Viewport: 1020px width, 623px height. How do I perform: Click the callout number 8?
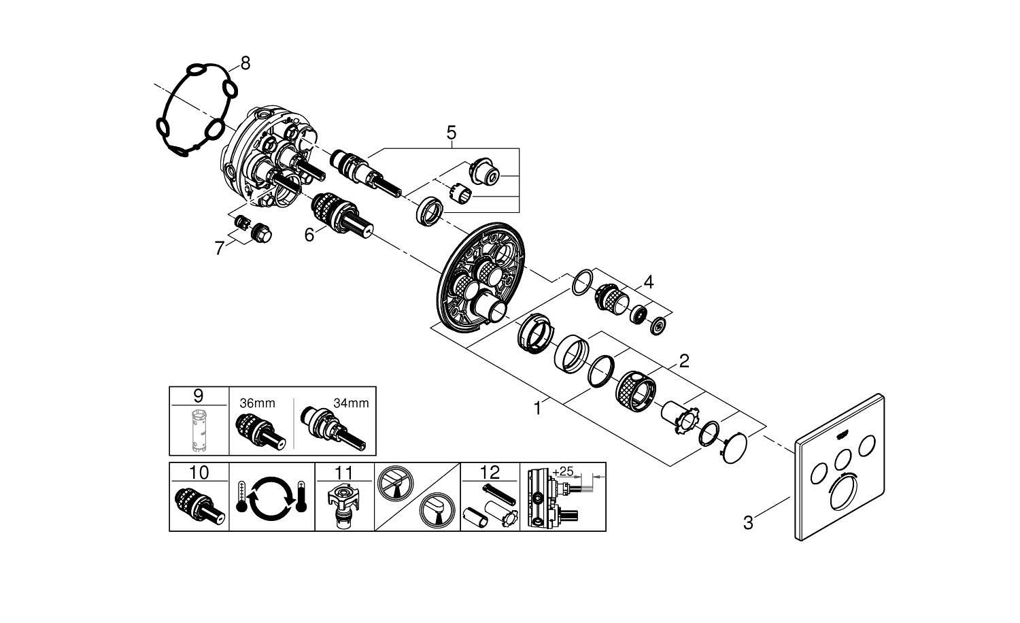coord(245,63)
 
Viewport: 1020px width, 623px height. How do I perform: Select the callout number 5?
coord(452,132)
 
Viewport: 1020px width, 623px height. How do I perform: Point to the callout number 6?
coord(309,235)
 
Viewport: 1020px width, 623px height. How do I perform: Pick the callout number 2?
coord(683,360)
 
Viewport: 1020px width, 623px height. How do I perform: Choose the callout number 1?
coord(538,409)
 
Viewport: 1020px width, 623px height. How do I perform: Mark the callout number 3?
coord(748,523)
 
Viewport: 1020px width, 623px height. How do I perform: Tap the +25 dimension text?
coord(564,471)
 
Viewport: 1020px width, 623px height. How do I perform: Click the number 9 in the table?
coord(198,395)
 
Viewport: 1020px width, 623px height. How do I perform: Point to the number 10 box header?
coord(199,472)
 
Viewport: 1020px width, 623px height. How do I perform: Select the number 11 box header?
coord(344,472)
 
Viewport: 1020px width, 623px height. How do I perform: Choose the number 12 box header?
coord(490,472)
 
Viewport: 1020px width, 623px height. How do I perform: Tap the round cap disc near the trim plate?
coord(732,448)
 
